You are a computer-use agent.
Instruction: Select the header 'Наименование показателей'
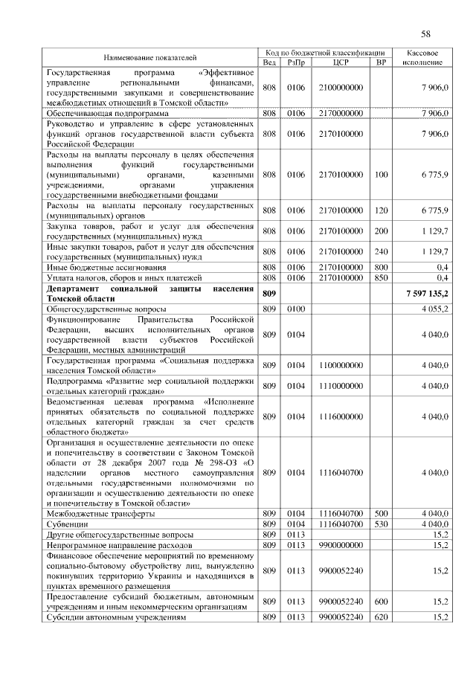[x=150, y=57]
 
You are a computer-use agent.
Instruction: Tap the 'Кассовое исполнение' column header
[x=425, y=57]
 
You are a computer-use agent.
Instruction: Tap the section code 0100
[x=296, y=308]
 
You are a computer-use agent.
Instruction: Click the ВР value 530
[x=381, y=524]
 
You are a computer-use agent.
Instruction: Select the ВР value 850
[x=381, y=277]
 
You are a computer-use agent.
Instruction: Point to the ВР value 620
[x=381, y=617]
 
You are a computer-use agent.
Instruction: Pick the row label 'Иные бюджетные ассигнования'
[x=103, y=266]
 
